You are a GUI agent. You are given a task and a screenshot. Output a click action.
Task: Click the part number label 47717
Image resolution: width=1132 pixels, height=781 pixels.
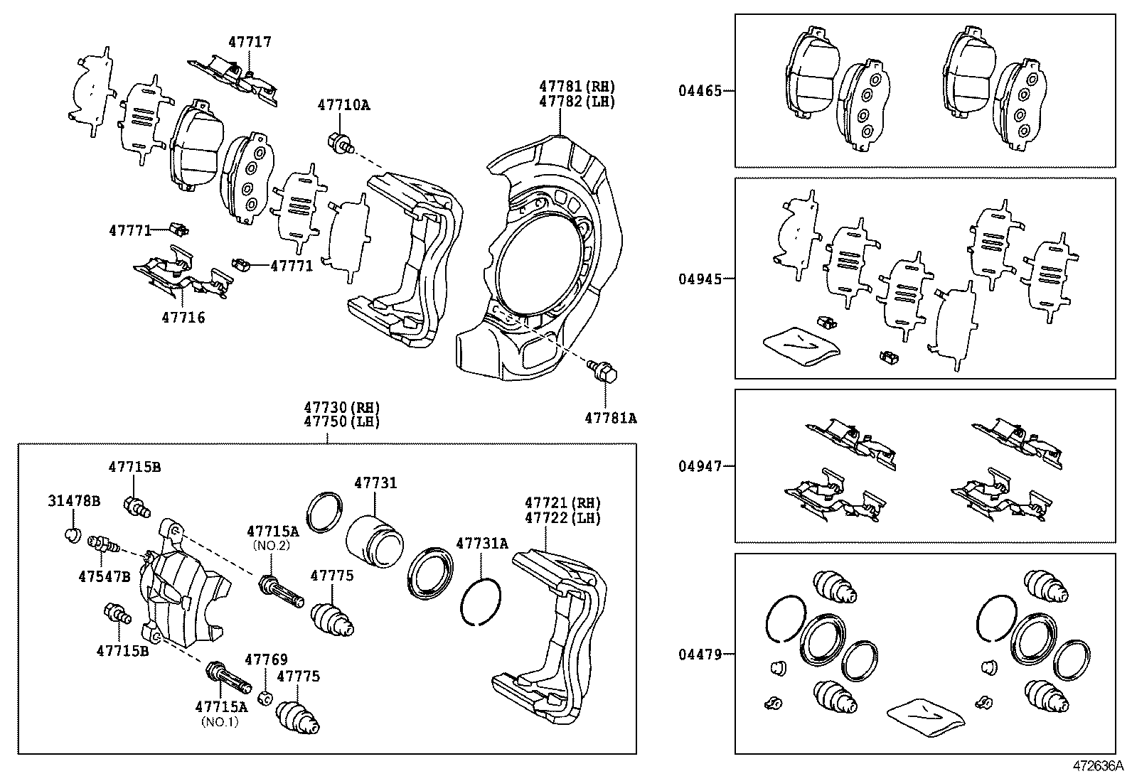(249, 42)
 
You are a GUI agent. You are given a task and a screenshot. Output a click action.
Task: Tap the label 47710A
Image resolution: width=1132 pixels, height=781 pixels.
(343, 105)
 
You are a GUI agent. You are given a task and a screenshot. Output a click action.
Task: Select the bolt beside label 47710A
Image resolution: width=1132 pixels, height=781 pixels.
(341, 144)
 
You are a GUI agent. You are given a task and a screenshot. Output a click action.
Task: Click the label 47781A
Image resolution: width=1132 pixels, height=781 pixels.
(610, 419)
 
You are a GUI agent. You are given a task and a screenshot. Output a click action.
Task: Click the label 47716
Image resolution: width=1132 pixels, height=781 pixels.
(183, 318)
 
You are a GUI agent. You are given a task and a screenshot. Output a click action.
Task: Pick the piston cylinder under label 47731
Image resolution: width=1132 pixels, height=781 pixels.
(375, 541)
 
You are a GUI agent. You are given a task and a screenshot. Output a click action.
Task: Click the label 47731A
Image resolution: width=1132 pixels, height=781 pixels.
(481, 544)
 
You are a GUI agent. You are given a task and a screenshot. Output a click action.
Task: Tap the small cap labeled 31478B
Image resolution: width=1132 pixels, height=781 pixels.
(72, 534)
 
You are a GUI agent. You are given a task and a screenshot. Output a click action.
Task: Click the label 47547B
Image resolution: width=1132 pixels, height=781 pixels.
(104, 576)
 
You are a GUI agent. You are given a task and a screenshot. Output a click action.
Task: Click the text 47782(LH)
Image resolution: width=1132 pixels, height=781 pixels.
(577, 102)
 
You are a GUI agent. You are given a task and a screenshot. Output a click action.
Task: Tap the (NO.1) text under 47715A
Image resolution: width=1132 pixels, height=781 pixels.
(219, 721)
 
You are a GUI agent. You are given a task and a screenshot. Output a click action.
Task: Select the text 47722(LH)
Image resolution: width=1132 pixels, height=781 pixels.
(562, 518)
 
